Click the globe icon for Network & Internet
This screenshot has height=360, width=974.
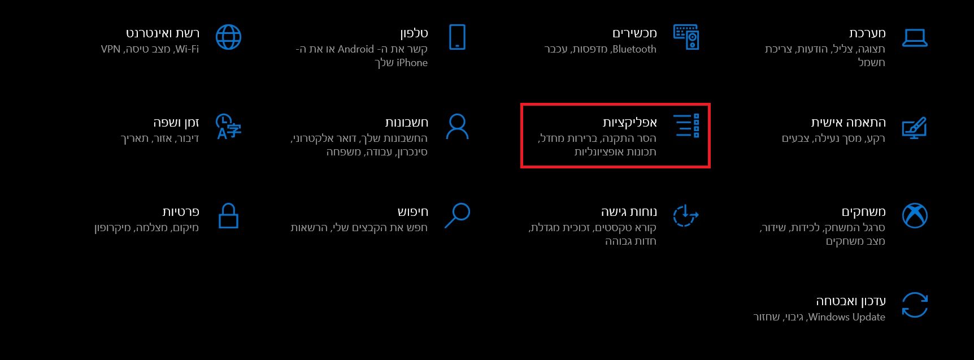click(x=228, y=37)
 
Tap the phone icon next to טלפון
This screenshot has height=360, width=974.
click(x=457, y=37)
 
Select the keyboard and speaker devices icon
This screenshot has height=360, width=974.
click(x=686, y=37)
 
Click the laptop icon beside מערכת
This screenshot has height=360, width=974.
click(x=915, y=38)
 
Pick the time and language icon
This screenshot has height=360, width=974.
click(x=228, y=127)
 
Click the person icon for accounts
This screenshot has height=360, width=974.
click(x=457, y=127)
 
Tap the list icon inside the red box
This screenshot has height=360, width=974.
click(x=686, y=126)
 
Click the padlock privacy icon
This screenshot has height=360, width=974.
click(x=228, y=216)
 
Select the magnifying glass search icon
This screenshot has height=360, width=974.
click(x=458, y=215)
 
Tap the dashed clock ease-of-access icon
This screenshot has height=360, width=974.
click(x=686, y=215)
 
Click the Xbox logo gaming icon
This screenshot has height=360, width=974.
click(x=915, y=215)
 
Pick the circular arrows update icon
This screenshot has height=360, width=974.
click(x=915, y=305)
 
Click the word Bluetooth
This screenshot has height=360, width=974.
click(x=634, y=49)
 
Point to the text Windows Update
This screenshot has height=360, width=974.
click(x=847, y=317)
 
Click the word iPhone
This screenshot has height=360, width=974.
click(x=412, y=63)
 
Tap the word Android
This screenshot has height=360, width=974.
click(x=356, y=49)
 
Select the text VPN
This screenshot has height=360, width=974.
click(x=111, y=49)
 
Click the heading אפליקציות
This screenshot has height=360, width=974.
click(x=629, y=122)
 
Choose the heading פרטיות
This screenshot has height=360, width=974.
click(x=181, y=211)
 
